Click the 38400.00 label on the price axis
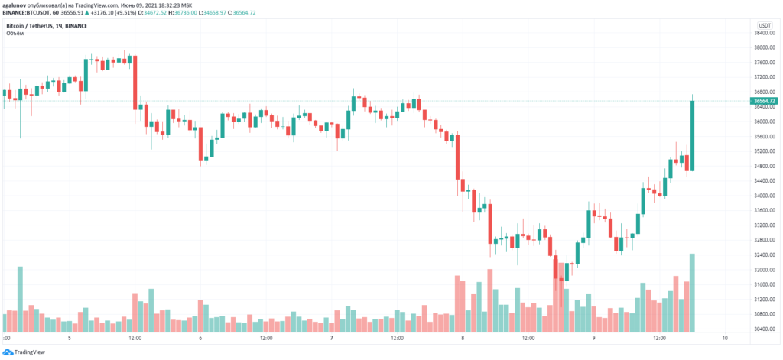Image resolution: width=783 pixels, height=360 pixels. (x=765, y=33)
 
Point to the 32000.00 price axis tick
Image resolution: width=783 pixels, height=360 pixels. (x=765, y=270)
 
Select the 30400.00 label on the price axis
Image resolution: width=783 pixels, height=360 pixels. (x=765, y=329)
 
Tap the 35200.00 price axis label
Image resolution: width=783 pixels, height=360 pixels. (x=765, y=151)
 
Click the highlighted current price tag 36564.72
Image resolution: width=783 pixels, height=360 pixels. (x=765, y=101)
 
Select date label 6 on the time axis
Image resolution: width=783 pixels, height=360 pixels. (x=200, y=337)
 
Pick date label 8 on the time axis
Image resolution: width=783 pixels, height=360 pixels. (x=463, y=337)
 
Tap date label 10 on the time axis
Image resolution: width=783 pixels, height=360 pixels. (x=724, y=337)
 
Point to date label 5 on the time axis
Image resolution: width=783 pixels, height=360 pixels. (x=70, y=337)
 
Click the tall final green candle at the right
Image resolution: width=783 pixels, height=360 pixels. (x=692, y=135)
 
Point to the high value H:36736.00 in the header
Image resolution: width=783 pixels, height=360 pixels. (x=182, y=14)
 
